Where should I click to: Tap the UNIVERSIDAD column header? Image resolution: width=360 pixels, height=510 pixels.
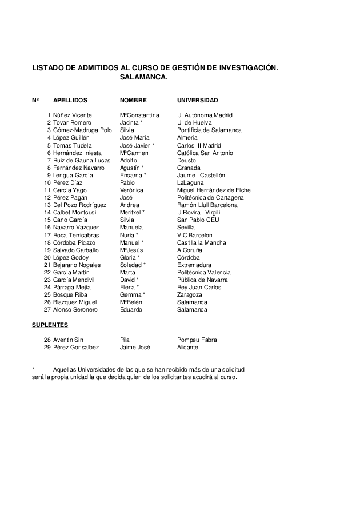[197, 100]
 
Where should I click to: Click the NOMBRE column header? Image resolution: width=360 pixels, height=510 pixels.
[133, 100]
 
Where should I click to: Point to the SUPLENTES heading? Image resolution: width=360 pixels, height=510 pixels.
[49, 325]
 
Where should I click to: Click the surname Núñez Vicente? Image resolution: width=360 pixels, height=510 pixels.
[72, 115]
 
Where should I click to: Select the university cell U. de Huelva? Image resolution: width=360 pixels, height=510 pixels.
[194, 122]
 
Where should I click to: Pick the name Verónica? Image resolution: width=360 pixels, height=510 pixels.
[131, 190]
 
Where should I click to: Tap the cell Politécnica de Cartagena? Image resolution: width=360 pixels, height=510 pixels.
[210, 197]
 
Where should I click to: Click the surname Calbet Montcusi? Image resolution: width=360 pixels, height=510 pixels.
[75, 212]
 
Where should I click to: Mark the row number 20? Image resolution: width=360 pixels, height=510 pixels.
[47, 257]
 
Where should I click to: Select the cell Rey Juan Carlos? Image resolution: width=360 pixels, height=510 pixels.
[198, 287]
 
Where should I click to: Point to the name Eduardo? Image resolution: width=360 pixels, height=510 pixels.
[131, 309]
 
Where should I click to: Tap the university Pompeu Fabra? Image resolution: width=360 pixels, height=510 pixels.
[197, 340]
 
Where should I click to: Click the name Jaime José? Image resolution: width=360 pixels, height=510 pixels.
[135, 347]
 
